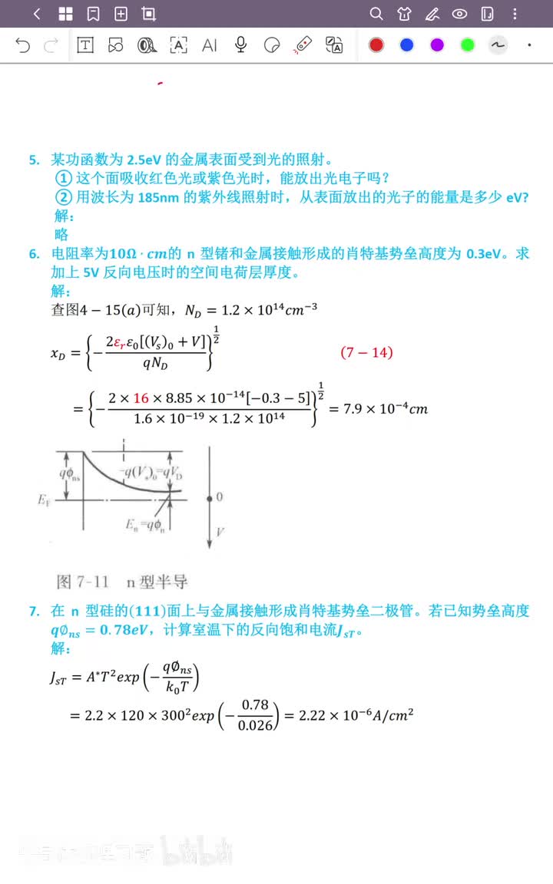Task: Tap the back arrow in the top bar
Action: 37,14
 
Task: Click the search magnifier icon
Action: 376,14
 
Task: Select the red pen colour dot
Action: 376,45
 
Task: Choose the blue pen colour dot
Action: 407,45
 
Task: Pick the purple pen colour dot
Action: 437,45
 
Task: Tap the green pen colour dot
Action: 468,45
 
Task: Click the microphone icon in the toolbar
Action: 240,45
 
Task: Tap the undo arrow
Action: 23,45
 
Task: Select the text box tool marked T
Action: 84,45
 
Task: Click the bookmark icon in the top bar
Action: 93,14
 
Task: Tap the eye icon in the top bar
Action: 459,14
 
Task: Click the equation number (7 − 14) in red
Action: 366,352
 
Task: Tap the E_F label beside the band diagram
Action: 43,500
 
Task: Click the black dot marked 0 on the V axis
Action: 210,497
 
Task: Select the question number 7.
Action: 34,612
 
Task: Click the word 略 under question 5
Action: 61,234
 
